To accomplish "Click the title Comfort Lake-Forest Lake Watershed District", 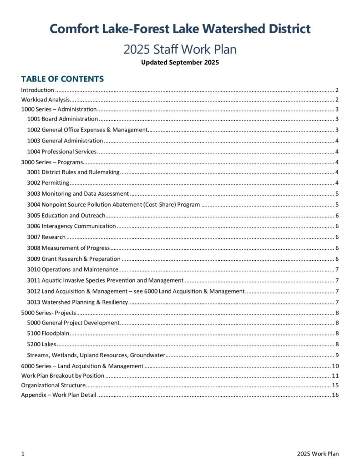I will coord(180,29).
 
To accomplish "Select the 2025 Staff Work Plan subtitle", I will coord(180,49).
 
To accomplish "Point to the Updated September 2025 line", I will coord(180,62).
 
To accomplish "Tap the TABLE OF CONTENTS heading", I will coord(62,79).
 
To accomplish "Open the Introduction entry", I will coord(38,90).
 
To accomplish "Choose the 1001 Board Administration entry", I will coord(62,119).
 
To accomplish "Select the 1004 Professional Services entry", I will coord(62,152).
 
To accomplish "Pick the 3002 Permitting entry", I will coord(48,183).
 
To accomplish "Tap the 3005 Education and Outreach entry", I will coord(66,215).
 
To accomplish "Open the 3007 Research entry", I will coord(46,237).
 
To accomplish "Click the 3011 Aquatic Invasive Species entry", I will coord(105,280).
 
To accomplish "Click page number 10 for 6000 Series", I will coord(335,366).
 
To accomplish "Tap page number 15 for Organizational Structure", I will coord(335,385).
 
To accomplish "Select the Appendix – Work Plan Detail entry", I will coord(59,395).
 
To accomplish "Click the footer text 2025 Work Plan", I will coord(318,454).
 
